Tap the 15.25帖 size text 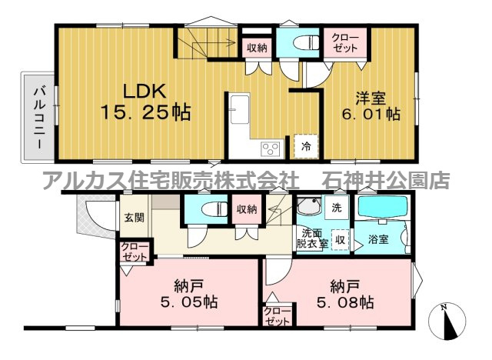[145, 112]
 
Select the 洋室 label [370, 98]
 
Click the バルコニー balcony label [37, 117]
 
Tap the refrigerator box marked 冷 [306, 145]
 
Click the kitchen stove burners [271, 148]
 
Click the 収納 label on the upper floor [256, 48]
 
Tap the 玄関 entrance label [133, 218]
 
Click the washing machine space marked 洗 [336, 207]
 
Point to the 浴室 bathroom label [377, 238]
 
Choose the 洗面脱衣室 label [314, 238]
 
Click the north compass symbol [450, 323]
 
